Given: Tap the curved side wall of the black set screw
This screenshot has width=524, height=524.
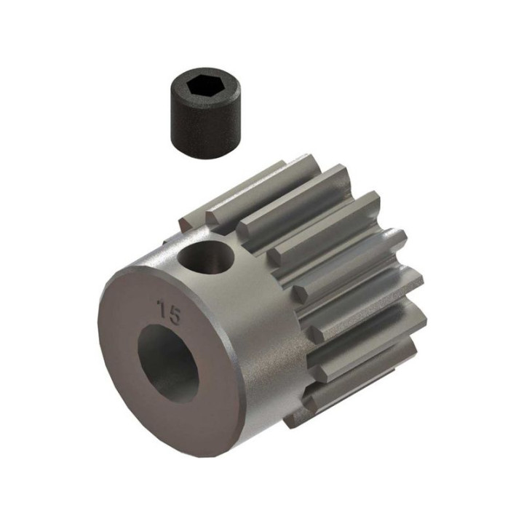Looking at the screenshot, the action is click(x=205, y=130).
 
